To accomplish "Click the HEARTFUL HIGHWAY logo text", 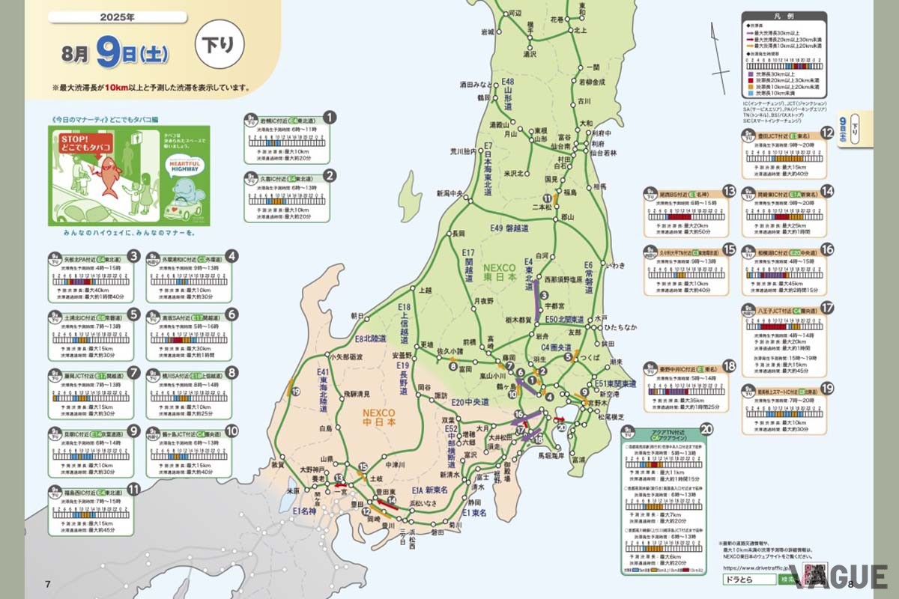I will tap(181, 169).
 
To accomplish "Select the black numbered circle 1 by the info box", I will tap(330, 118).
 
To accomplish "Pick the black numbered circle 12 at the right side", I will tap(828, 134).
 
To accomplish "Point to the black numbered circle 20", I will tap(706, 430).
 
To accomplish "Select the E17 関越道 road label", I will tap(469, 265).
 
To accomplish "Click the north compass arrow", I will tap(720, 52).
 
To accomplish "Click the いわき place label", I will tap(616, 265).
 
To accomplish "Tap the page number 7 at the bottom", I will tap(48, 584).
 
